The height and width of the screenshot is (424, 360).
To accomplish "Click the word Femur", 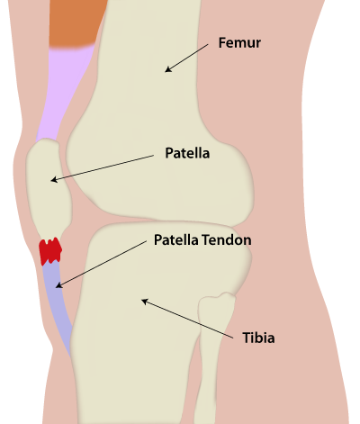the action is tap(239, 43).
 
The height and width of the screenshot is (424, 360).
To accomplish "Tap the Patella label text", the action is tap(187, 153).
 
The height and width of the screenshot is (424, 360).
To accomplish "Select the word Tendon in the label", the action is tap(227, 240).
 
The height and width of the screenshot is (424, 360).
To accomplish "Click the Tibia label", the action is tap(258, 338).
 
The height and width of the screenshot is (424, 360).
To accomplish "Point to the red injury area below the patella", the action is tap(50, 251).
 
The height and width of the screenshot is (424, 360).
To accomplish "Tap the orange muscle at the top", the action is tap(76, 23).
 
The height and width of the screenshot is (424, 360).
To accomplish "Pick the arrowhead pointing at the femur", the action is tap(167, 69).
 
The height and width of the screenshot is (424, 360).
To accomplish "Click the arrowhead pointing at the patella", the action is tap(54, 180).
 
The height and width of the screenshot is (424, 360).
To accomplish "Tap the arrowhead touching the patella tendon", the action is tap(58, 285).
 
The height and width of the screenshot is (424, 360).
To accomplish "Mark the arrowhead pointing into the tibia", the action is tap(145, 301).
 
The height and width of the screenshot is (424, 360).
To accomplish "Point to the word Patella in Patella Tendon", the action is tap(176, 240).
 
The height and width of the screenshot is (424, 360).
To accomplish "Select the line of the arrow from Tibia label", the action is tap(187, 319).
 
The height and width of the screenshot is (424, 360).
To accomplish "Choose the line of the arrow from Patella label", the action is tap(102, 167).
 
